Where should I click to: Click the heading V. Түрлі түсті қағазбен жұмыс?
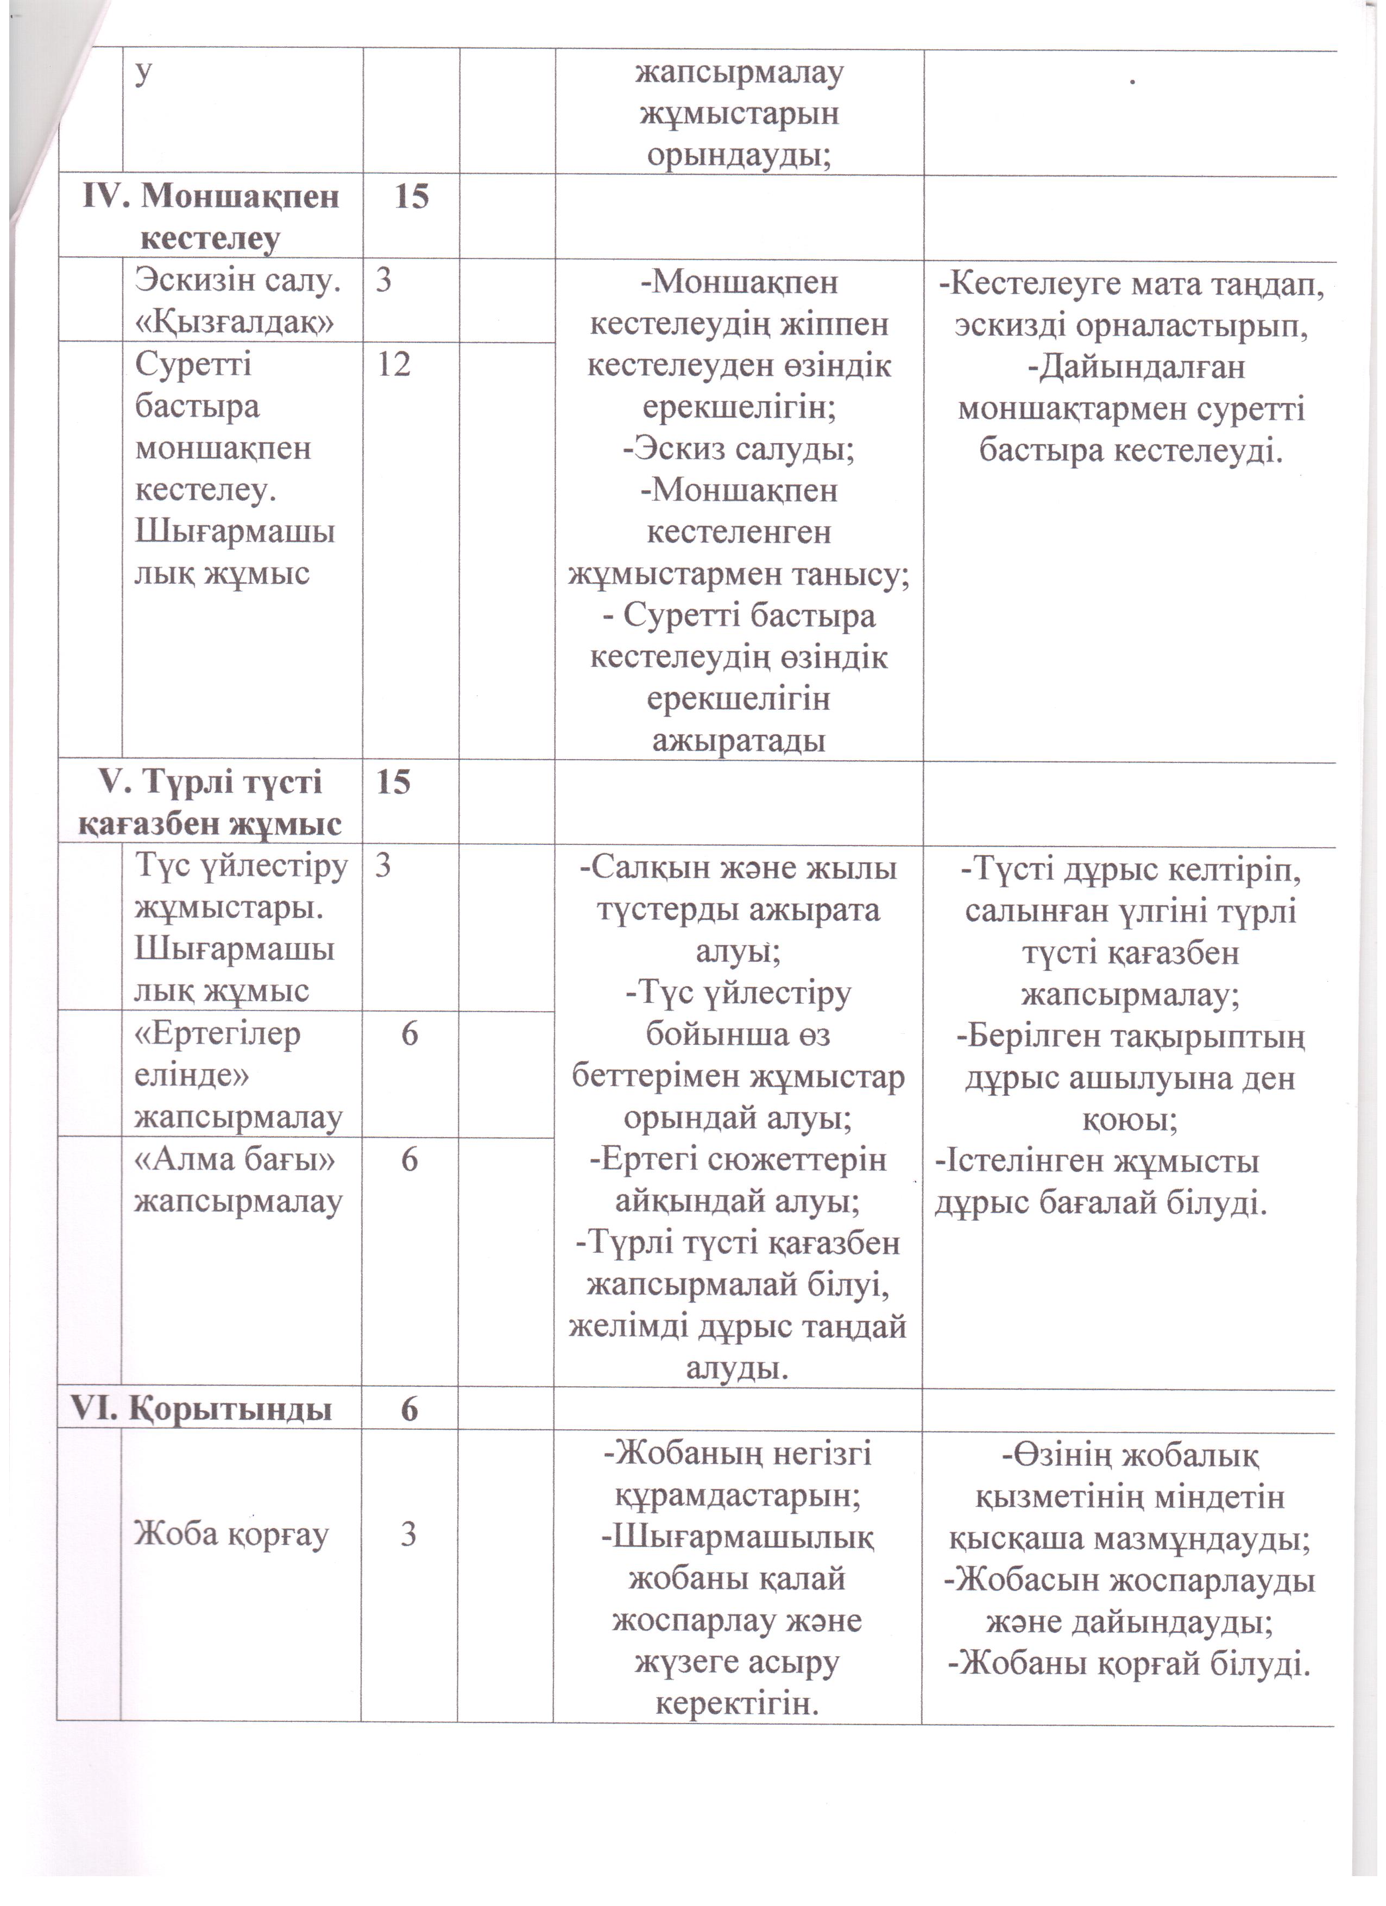click(x=210, y=804)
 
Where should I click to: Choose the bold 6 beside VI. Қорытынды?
click(x=409, y=1409)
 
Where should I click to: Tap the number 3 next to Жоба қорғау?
click(x=408, y=1535)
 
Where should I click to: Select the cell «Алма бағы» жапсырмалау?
click(x=239, y=1181)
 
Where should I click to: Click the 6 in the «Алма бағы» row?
click(x=409, y=1160)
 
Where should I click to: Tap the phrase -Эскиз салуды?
click(x=738, y=450)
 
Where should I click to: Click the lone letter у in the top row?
click(x=144, y=72)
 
